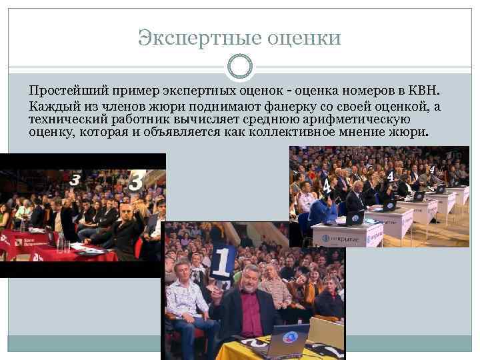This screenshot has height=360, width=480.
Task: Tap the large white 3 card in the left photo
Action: click(x=137, y=181)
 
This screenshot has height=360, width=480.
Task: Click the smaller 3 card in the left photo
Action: click(x=75, y=179)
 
